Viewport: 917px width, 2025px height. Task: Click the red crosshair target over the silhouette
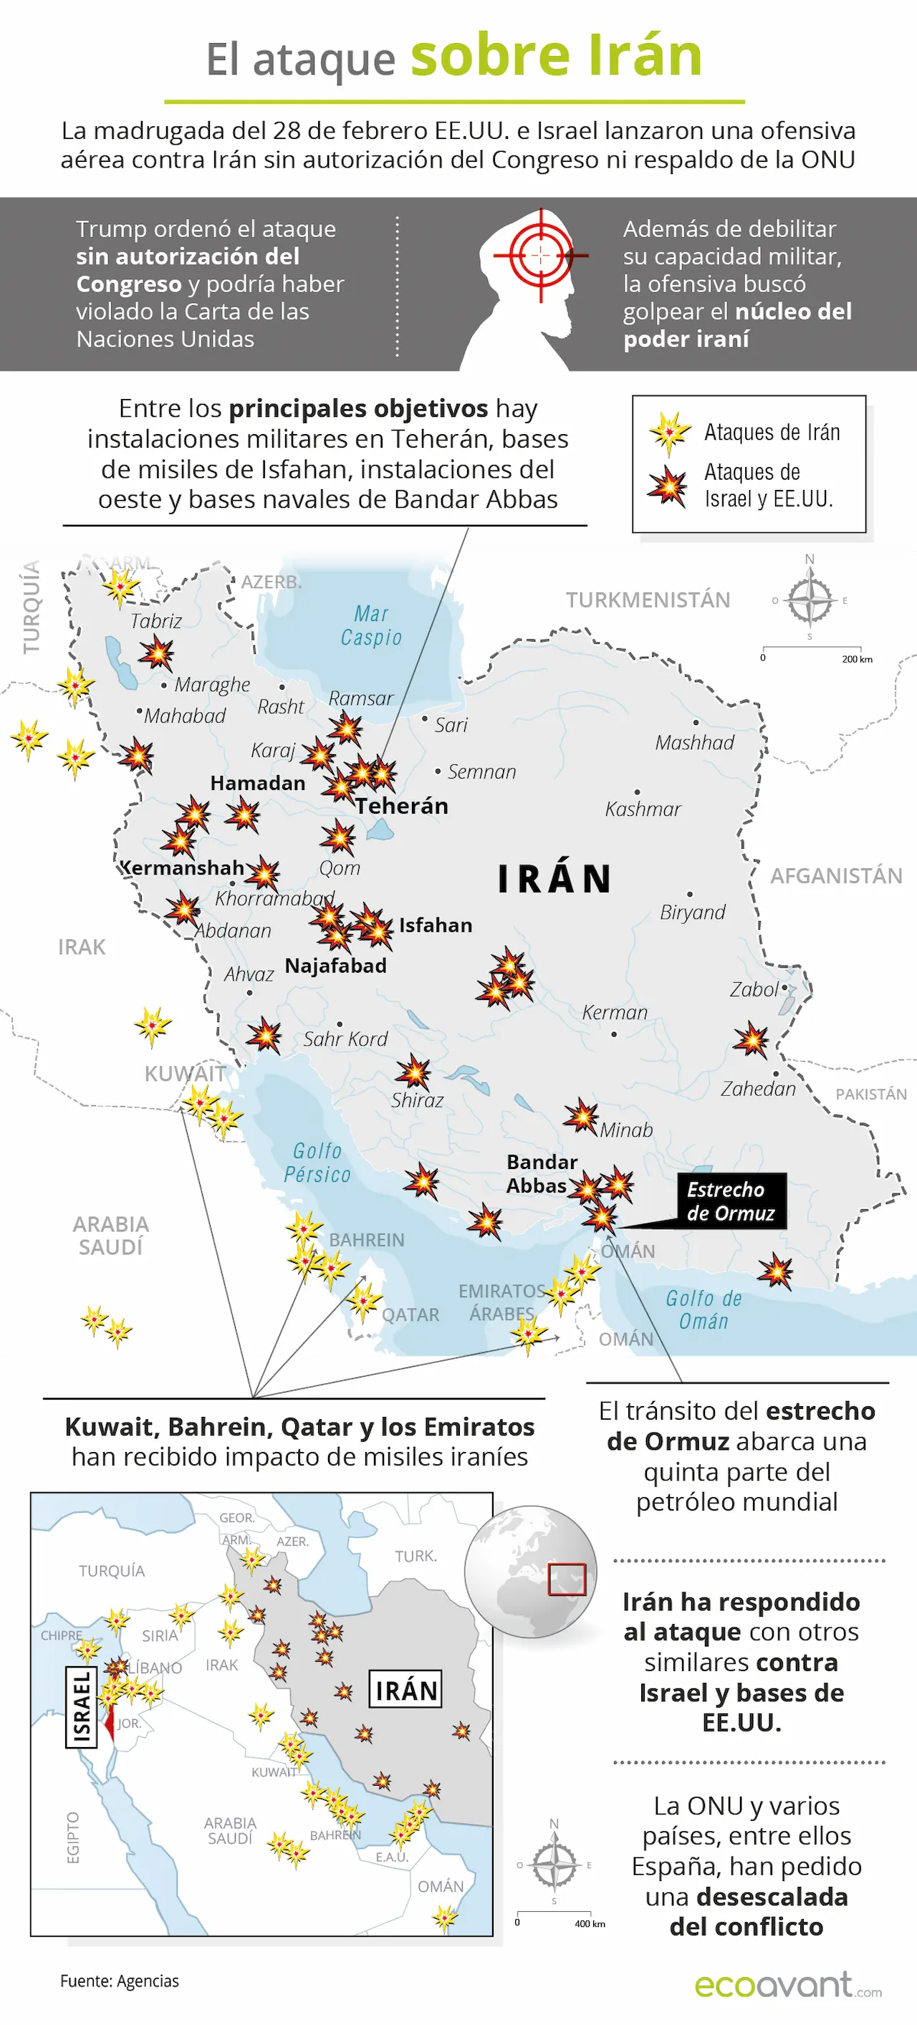tap(541, 255)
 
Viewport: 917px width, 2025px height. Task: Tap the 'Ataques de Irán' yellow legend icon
tap(669, 433)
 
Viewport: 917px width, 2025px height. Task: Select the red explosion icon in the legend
tap(668, 486)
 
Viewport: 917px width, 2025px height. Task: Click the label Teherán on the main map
tap(401, 806)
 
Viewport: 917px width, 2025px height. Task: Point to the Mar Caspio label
tap(371, 626)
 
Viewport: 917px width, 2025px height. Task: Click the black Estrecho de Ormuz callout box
tap(731, 1201)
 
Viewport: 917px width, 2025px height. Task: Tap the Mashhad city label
tap(694, 742)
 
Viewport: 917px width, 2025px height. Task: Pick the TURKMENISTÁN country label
tap(648, 600)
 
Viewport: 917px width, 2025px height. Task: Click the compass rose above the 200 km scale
tap(810, 600)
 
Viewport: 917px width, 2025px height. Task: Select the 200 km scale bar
tap(812, 652)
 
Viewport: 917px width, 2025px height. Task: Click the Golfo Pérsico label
tap(317, 1163)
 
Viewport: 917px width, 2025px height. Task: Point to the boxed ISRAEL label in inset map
tap(81, 1707)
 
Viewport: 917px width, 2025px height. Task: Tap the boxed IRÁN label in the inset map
tap(405, 1690)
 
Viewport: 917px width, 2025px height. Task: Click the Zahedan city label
tap(758, 1088)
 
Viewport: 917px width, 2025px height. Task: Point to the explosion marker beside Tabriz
tap(156, 653)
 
